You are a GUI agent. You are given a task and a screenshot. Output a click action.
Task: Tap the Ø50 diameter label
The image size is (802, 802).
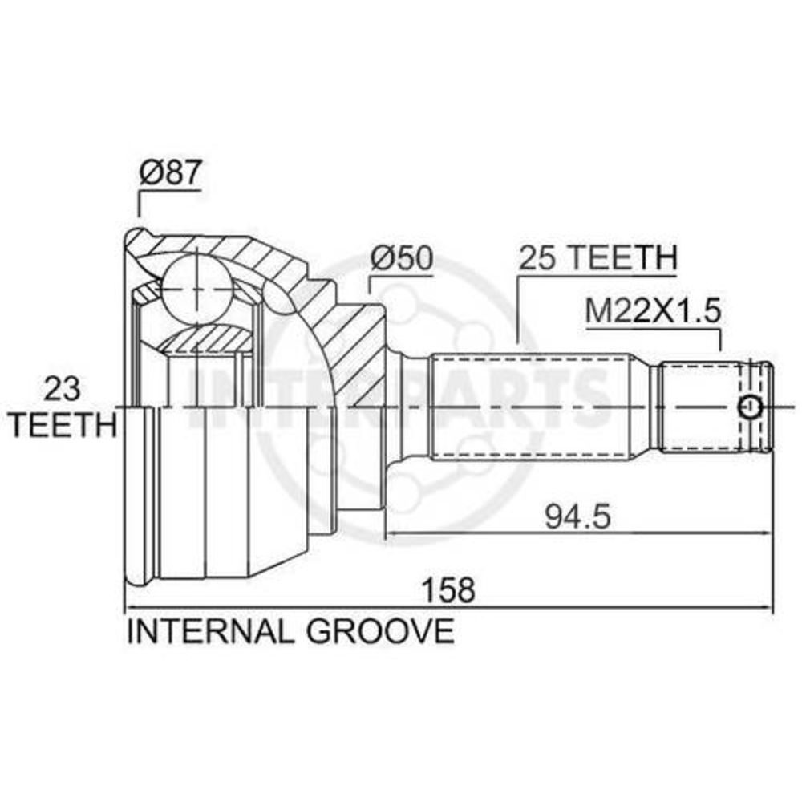(x=402, y=258)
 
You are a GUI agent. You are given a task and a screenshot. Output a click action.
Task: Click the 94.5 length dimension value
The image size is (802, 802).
(x=577, y=516)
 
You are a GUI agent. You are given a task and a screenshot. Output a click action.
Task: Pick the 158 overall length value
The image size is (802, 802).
(x=448, y=589)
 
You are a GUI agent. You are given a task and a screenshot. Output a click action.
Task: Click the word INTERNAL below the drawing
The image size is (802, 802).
(x=210, y=630)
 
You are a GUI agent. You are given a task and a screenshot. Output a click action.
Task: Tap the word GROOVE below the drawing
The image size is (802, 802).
(x=380, y=630)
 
